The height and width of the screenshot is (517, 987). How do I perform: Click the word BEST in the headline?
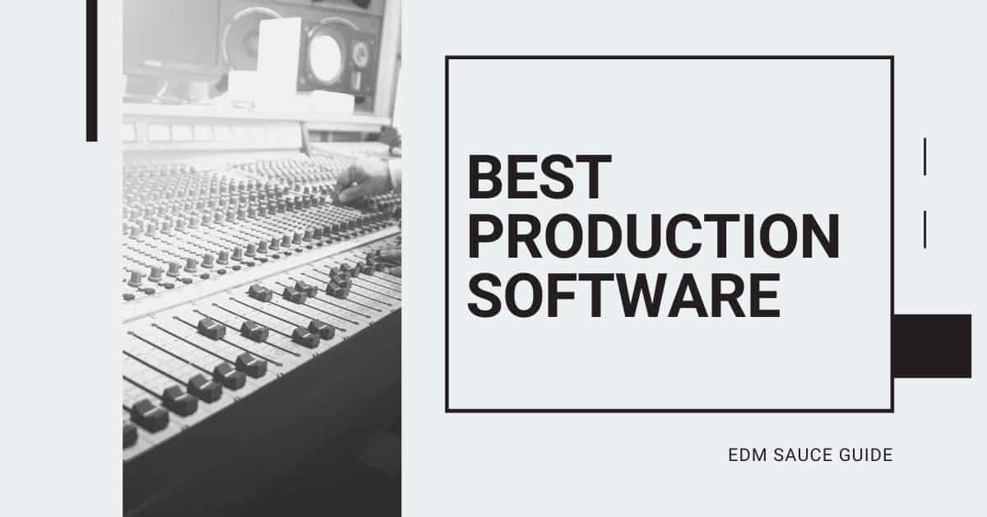(540, 179)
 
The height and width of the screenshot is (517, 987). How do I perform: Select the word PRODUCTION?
(654, 236)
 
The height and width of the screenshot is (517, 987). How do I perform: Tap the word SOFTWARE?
(624, 294)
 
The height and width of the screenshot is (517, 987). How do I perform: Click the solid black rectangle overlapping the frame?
(932, 346)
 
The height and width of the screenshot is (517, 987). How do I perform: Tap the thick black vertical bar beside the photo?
(91, 71)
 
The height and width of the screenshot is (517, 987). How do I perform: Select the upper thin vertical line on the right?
(925, 156)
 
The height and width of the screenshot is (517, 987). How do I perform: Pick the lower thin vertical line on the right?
(925, 229)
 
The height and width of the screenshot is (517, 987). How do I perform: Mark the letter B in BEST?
(487, 179)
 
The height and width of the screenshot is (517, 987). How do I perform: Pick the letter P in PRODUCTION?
(487, 236)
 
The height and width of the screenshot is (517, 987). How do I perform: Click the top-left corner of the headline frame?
(447, 58)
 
